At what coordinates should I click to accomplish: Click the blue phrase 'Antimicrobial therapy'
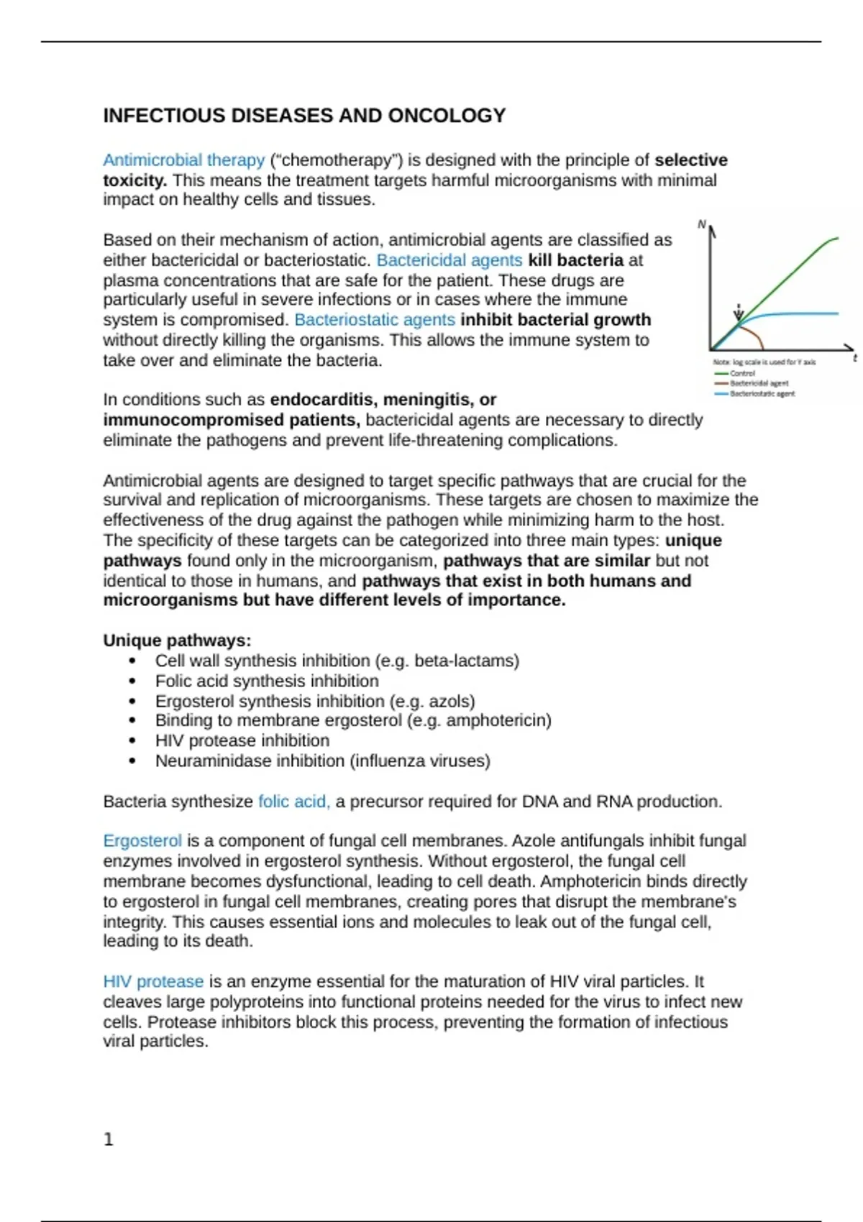(x=183, y=160)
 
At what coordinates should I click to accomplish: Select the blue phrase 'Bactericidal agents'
(x=449, y=260)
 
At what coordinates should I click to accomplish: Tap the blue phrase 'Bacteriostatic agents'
(x=374, y=320)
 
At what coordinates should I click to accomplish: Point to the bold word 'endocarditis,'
(x=324, y=400)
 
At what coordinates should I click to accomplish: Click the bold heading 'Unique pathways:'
(x=177, y=640)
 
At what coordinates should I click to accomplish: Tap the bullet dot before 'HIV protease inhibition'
(x=132, y=741)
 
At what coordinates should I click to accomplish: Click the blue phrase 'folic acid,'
(x=293, y=801)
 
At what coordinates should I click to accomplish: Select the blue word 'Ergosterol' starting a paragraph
(x=142, y=841)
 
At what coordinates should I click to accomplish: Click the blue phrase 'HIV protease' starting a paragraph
(x=153, y=982)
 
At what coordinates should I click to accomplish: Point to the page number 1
(x=109, y=1139)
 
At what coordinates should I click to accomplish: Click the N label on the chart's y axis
(x=702, y=225)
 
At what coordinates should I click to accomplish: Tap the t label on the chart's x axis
(x=854, y=357)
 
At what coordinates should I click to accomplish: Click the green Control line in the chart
(x=791, y=273)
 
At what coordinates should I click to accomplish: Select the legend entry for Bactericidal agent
(x=758, y=383)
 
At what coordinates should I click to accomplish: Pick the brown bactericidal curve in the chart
(x=755, y=336)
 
